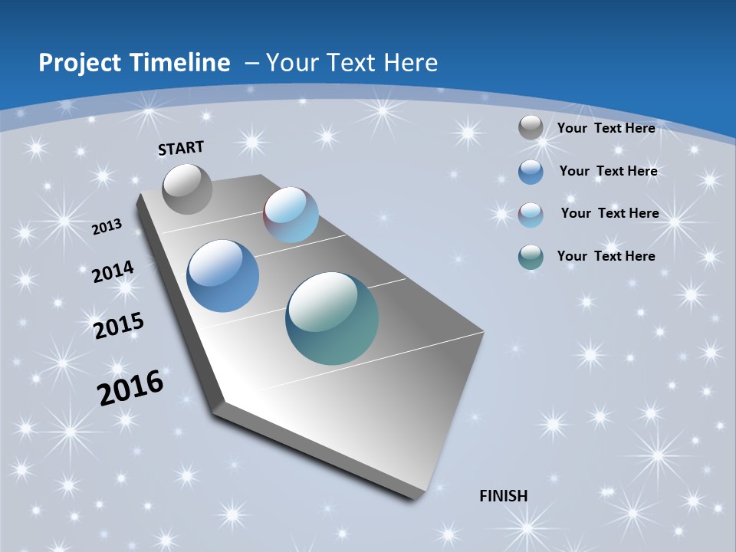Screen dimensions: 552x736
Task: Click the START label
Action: pyautogui.click(x=181, y=148)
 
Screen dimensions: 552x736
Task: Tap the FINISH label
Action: pyautogui.click(x=504, y=496)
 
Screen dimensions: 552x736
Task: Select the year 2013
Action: pyautogui.click(x=107, y=227)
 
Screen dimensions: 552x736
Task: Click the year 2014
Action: pyautogui.click(x=113, y=271)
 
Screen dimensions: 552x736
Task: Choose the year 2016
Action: pyautogui.click(x=131, y=387)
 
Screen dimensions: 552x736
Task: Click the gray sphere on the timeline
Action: pyautogui.click(x=187, y=189)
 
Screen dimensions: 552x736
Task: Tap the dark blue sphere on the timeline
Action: pyautogui.click(x=223, y=276)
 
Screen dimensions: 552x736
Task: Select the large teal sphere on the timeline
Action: pyautogui.click(x=332, y=318)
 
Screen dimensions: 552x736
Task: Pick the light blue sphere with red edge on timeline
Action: pyautogui.click(x=291, y=215)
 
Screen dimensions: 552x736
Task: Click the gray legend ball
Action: pyautogui.click(x=531, y=128)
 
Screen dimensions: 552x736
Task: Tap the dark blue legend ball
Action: pyautogui.click(x=531, y=172)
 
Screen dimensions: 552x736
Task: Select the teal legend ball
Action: pyautogui.click(x=531, y=257)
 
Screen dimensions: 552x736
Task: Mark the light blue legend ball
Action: pyautogui.click(x=531, y=214)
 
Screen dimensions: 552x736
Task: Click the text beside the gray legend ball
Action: pyautogui.click(x=606, y=128)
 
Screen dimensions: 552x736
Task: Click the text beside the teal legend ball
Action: pyautogui.click(x=606, y=256)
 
